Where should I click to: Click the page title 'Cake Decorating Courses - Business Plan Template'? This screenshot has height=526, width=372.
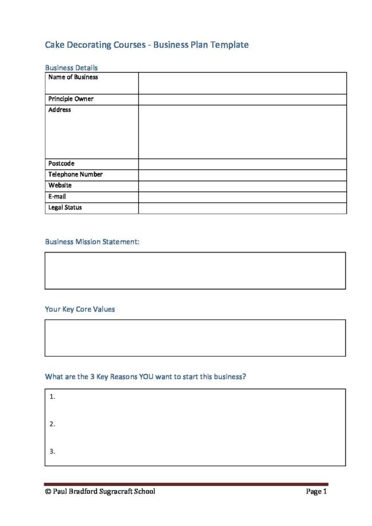pos(147,44)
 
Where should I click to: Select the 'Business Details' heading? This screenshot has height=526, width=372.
pos(71,68)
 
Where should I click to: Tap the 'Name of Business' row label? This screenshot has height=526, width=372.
pos(73,78)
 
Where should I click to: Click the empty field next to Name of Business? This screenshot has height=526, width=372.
pos(242,83)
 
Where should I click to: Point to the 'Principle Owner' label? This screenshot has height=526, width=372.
pos(71,99)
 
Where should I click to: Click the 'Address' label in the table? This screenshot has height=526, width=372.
pos(60,110)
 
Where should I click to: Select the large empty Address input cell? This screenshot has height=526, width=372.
pos(242,132)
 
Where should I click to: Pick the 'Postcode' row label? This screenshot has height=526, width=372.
pos(62,164)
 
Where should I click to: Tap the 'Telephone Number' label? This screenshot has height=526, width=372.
pos(75,175)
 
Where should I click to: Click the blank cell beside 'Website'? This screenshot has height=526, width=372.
pos(242,186)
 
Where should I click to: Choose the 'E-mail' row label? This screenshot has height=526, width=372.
pos(57,197)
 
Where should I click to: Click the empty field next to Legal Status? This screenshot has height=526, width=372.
pos(242,208)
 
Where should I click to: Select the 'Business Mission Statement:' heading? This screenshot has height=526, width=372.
pos(92,242)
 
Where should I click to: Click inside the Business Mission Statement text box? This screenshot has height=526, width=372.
pos(195,271)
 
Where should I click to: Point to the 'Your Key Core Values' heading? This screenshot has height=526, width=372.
pos(80,309)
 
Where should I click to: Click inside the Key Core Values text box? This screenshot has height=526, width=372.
pos(195,338)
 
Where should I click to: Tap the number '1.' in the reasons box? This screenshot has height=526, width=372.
pos(52,397)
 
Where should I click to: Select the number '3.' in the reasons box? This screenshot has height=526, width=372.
pos(52,452)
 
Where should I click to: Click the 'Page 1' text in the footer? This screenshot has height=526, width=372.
pos(316,492)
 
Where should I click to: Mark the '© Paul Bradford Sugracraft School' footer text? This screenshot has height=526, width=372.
pos(100,492)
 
